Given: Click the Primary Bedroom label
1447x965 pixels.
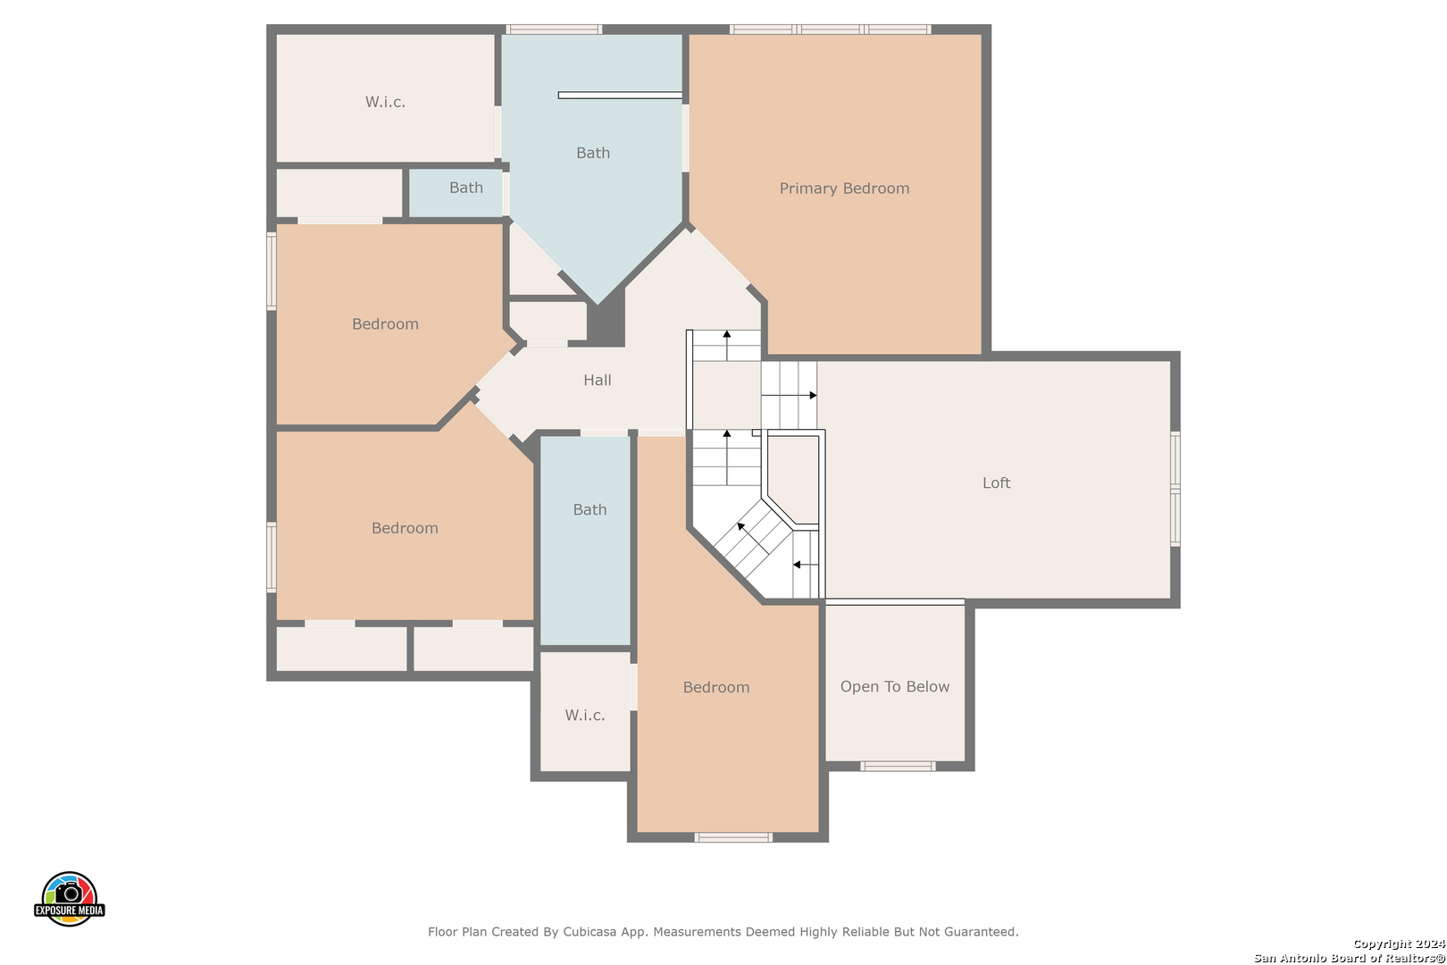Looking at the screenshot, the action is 844,189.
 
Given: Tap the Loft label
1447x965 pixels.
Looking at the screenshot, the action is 996,482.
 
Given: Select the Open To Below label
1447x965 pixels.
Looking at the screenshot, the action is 895,686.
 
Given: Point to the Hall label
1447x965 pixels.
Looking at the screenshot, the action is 597,380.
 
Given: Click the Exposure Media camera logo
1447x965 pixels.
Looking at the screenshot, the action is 69,898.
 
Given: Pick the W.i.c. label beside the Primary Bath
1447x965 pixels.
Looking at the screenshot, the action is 385,102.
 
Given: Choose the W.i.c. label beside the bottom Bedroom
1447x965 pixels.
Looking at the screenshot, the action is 585,716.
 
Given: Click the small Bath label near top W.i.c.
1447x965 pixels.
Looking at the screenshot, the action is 465,188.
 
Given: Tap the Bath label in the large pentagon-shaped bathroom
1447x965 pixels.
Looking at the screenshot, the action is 593,153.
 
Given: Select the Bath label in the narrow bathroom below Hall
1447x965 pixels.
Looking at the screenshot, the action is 590,509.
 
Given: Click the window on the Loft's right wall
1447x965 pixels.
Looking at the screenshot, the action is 1175,490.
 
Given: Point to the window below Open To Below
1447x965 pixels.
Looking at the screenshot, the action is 898,767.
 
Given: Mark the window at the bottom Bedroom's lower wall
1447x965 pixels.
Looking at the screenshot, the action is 733,837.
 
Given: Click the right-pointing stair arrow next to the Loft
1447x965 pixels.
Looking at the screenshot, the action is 790,395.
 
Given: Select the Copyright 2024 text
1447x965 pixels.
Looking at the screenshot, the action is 1399,944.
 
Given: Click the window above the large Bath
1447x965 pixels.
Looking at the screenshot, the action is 554,29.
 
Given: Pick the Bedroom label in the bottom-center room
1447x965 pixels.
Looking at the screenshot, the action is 716,687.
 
